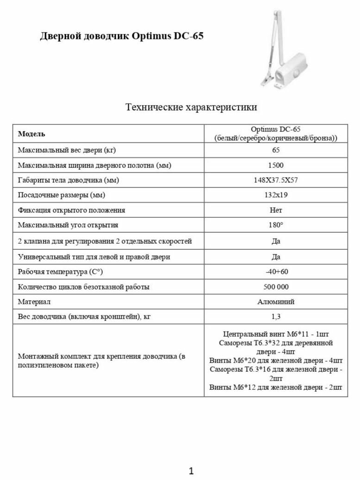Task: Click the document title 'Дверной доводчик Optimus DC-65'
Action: (x=122, y=36)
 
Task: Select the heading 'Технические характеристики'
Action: (x=191, y=107)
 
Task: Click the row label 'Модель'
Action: (x=31, y=134)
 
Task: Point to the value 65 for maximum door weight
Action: (x=276, y=150)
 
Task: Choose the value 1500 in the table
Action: (x=276, y=165)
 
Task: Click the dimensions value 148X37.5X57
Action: (x=276, y=180)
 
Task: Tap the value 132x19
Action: (x=276, y=195)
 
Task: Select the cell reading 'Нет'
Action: (x=276, y=210)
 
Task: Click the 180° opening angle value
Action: (x=276, y=225)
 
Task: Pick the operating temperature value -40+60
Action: (x=276, y=271)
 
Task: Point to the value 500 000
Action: (x=276, y=287)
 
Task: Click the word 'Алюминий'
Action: (x=276, y=302)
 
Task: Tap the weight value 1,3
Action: (x=276, y=317)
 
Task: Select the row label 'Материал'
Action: (x=34, y=302)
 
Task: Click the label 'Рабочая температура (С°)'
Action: (x=60, y=271)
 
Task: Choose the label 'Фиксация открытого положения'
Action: (x=71, y=210)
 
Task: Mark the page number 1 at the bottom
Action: (x=191, y=471)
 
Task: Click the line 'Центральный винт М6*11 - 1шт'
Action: (x=276, y=334)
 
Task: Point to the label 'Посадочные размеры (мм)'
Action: (x=62, y=195)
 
